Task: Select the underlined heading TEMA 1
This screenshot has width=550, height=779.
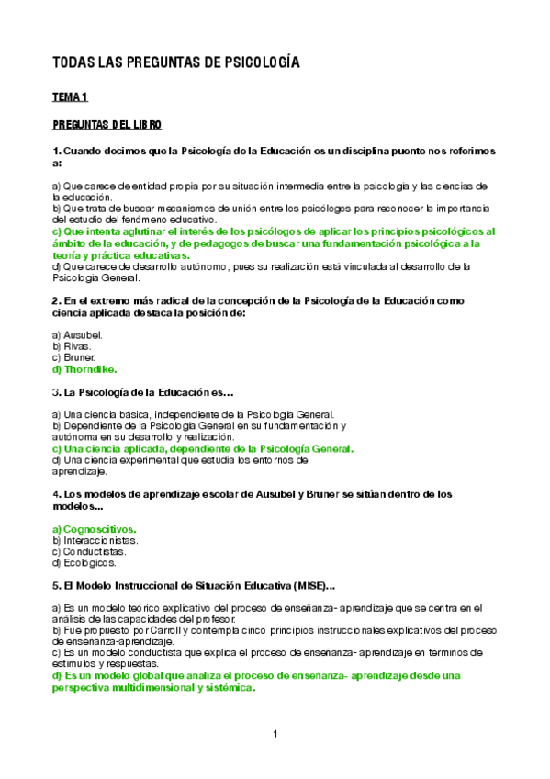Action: (70, 96)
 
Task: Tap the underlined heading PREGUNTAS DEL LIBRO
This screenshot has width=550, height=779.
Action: (107, 124)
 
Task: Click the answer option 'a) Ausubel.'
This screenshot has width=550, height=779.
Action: (77, 335)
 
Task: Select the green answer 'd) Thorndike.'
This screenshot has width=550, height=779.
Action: (84, 368)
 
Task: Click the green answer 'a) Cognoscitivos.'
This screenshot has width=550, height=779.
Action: (95, 530)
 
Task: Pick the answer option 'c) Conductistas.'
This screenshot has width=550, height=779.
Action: (90, 552)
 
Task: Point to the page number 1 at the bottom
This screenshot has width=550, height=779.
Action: (275, 734)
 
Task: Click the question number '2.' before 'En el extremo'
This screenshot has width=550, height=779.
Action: (57, 300)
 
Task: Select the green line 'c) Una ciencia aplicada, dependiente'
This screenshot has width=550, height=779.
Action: (203, 449)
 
